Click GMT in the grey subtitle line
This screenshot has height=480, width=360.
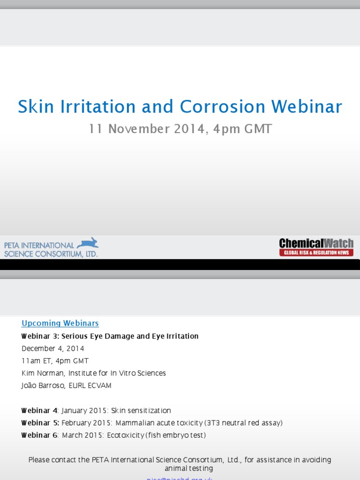[x=256, y=129]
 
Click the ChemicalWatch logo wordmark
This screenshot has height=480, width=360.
[x=316, y=243]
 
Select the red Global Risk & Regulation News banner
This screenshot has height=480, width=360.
[x=316, y=253]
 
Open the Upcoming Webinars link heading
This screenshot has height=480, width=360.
[x=60, y=323]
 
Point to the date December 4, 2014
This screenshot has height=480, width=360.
[x=53, y=349]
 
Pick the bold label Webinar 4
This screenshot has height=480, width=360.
[x=39, y=411]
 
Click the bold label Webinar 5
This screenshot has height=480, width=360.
[x=40, y=423]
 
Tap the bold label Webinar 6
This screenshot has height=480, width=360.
[x=39, y=435]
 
